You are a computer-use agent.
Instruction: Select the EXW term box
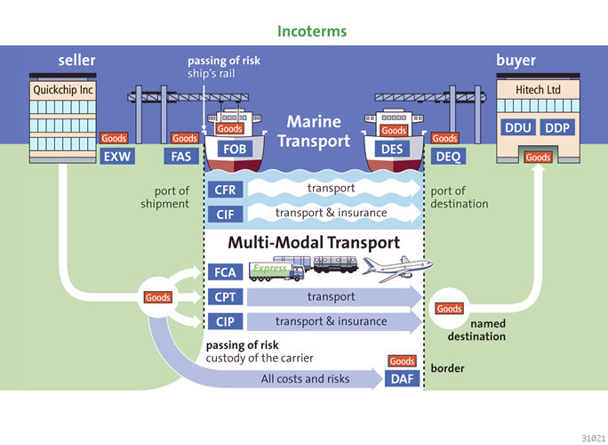tap(116, 158)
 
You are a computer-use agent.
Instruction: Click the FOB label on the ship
tap(236, 150)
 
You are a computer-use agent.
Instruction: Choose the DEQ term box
tap(446, 158)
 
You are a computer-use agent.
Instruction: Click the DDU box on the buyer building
tap(517, 128)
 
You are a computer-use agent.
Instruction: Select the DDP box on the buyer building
tap(557, 128)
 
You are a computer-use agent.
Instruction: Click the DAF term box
tap(402, 379)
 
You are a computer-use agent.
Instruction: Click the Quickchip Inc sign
tap(62, 90)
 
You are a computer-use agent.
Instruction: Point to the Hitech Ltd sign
tap(539, 90)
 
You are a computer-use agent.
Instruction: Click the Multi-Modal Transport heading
tap(314, 243)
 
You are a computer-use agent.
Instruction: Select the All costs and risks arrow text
tap(305, 379)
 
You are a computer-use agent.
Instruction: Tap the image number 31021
tap(591, 437)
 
